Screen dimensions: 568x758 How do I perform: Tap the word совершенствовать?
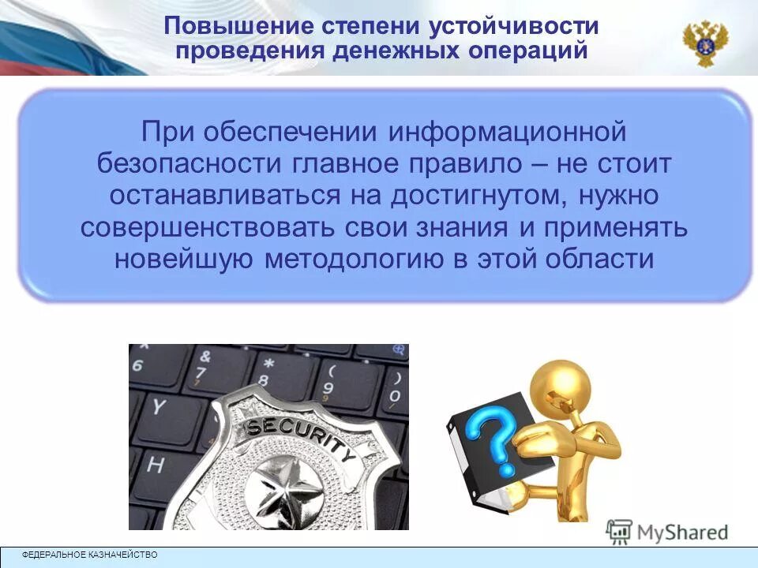point(209,227)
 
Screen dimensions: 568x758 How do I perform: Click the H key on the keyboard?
point(154,465)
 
